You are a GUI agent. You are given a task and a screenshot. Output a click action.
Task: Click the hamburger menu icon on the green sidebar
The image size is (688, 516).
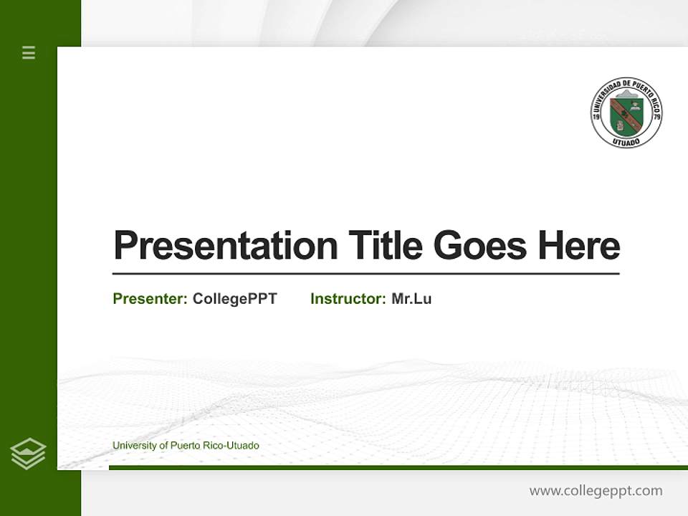[29, 52]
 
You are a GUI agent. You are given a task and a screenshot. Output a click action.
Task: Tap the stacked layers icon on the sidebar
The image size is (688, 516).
[28, 454]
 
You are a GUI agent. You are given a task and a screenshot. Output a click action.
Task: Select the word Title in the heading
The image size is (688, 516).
[385, 246]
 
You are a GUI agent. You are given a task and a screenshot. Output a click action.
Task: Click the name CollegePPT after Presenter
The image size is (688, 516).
[235, 299]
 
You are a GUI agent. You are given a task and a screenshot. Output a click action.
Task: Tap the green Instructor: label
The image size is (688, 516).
[348, 299]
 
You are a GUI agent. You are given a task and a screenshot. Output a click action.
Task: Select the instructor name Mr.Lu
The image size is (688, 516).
[411, 299]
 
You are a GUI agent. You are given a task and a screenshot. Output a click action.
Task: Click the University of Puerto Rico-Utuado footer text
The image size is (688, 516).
[186, 446]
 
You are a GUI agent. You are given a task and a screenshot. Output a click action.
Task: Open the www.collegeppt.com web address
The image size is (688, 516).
[596, 491]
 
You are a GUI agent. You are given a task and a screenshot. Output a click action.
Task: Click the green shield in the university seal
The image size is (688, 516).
[626, 115]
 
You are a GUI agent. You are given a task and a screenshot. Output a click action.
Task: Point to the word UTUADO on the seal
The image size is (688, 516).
[626, 141]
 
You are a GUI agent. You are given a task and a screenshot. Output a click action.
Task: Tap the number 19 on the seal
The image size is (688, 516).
[596, 116]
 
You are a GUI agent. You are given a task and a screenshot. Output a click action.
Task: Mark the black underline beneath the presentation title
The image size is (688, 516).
[365, 274]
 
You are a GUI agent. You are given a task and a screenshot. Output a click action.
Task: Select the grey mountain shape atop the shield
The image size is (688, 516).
[626, 93]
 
